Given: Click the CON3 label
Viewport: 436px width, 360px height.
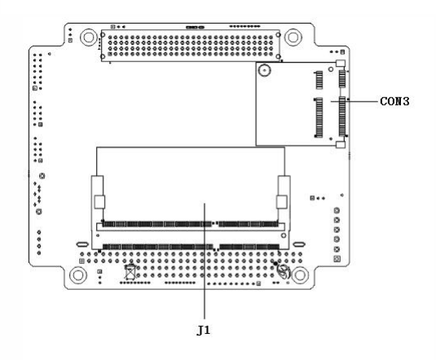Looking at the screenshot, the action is [394, 101].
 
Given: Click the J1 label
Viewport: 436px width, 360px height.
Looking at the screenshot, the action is [203, 330].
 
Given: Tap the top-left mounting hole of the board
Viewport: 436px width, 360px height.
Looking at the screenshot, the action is [89, 37].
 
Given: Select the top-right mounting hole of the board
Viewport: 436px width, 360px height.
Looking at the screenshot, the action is [293, 37].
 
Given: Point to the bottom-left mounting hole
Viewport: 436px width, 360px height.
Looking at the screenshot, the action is [78, 275].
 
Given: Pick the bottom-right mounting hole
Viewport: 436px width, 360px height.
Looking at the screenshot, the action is [300, 275].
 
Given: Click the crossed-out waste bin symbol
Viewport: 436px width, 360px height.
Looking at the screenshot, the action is [130, 271].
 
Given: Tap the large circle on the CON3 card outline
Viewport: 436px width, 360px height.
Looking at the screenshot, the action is [264, 70].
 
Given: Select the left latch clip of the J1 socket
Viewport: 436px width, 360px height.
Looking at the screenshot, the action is [99, 202].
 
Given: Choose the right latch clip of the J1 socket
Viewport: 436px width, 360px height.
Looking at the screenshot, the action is [282, 202].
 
